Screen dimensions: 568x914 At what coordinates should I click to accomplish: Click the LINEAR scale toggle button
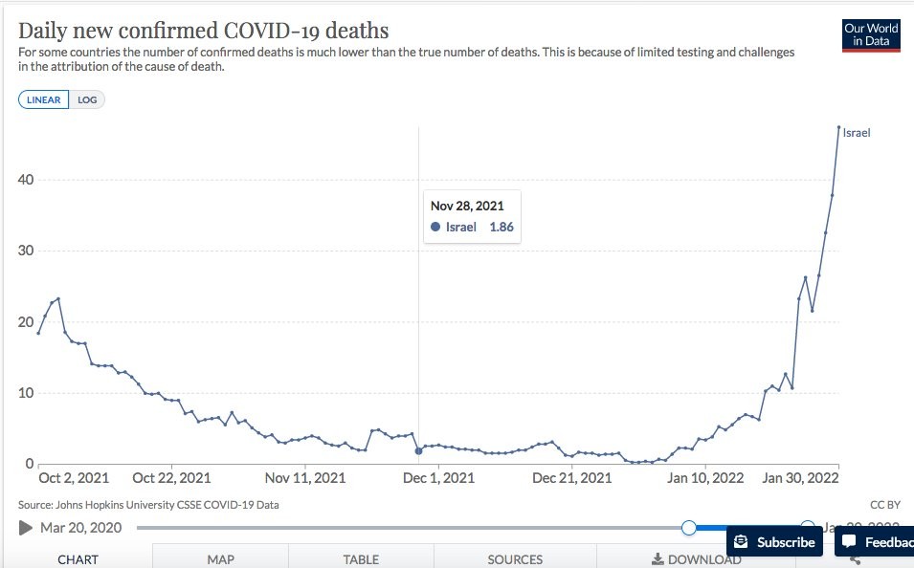click(x=43, y=100)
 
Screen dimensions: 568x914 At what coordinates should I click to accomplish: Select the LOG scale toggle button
click(x=87, y=100)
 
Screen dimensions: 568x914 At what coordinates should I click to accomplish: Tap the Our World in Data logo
click(x=871, y=34)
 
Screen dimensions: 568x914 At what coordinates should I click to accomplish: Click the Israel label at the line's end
click(x=857, y=133)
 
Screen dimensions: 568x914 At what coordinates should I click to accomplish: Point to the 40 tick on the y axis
click(x=25, y=180)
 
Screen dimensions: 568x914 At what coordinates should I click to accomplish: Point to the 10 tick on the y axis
click(x=25, y=393)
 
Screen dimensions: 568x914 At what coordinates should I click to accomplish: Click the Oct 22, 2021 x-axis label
click(x=172, y=478)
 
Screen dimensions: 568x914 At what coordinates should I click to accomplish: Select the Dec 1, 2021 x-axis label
click(x=438, y=478)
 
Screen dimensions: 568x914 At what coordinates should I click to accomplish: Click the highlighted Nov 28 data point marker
click(x=418, y=450)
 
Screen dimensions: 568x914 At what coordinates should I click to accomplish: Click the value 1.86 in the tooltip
click(x=502, y=227)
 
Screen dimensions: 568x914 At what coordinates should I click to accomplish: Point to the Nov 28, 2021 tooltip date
click(x=467, y=206)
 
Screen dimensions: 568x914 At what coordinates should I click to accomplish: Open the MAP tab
click(x=220, y=559)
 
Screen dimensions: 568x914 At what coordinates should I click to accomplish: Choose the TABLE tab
click(x=361, y=559)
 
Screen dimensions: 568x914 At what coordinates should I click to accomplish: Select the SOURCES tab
click(x=515, y=559)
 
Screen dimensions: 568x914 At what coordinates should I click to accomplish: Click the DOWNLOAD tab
click(x=697, y=559)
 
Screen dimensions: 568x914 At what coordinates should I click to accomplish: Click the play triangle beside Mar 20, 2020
click(x=26, y=527)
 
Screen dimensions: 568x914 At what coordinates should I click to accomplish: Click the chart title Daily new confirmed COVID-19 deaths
click(x=203, y=31)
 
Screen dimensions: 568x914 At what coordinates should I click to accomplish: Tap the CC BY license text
click(x=885, y=505)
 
